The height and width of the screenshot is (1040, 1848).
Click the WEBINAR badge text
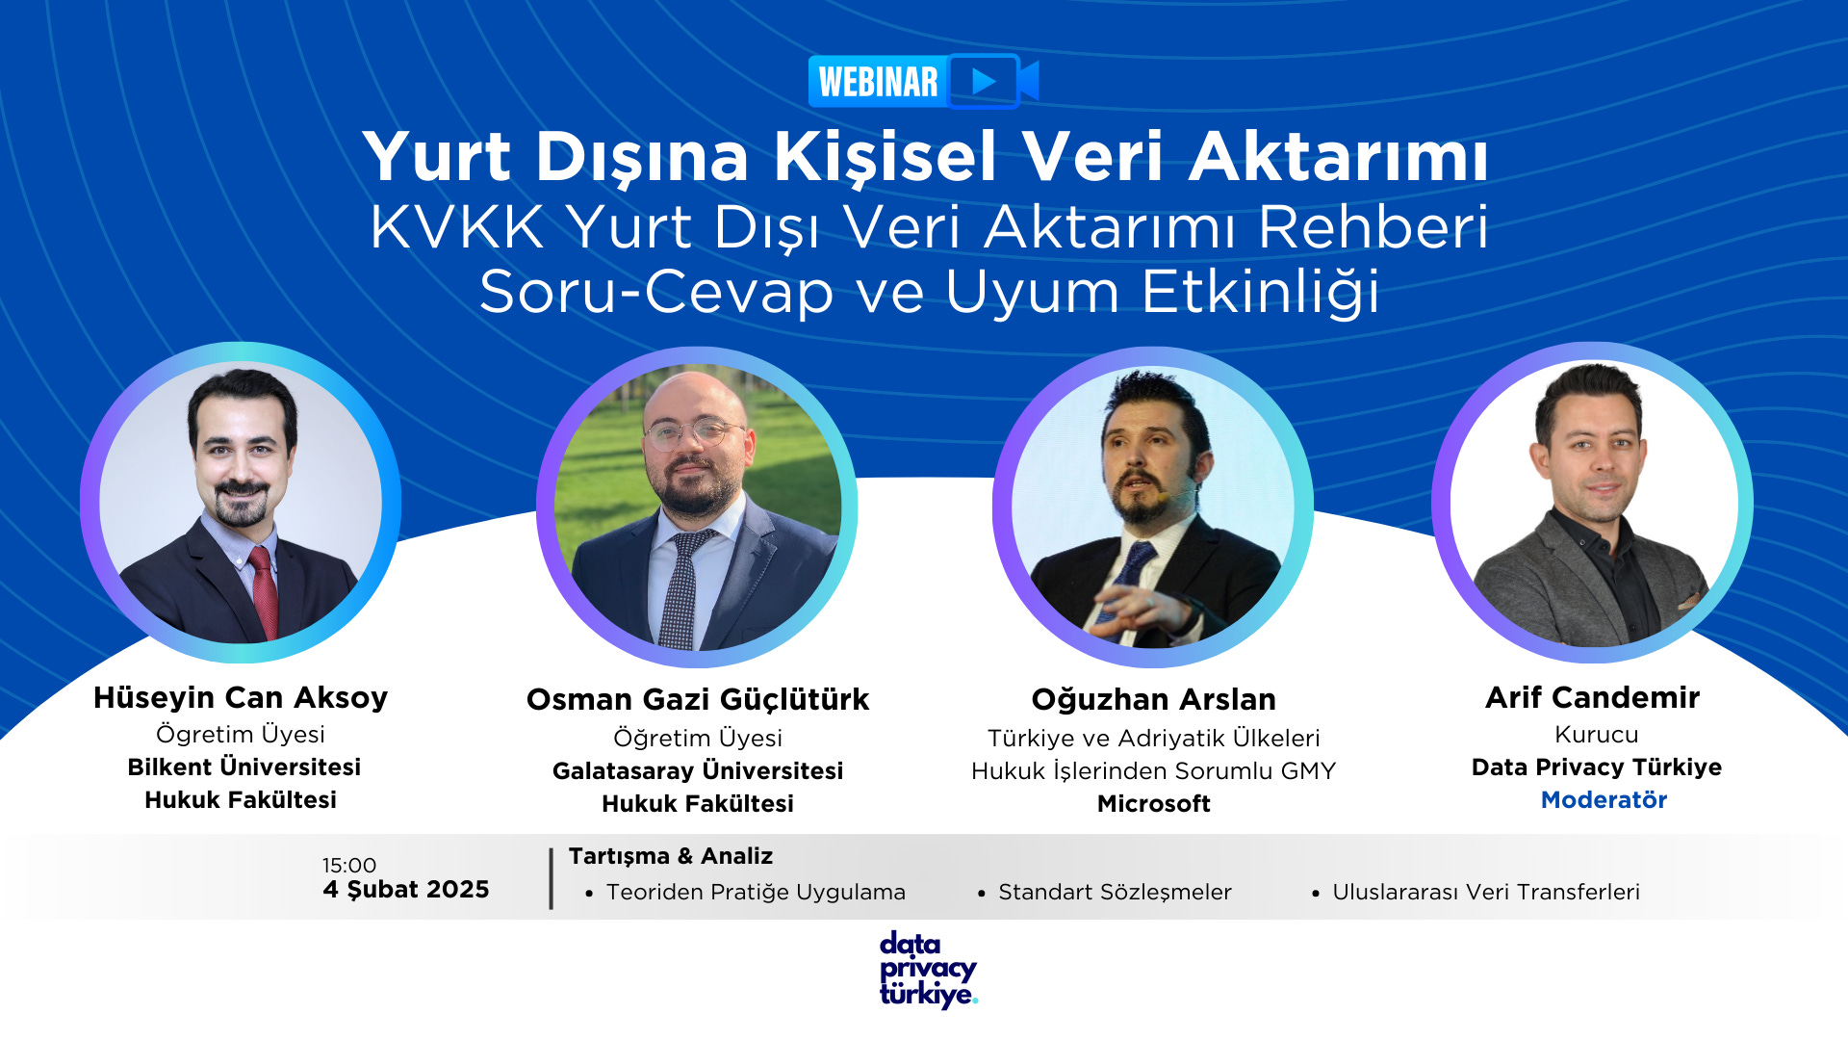[x=878, y=82]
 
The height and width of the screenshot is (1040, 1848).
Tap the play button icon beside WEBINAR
[x=983, y=81]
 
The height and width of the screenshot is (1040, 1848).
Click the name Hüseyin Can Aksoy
[x=241, y=697]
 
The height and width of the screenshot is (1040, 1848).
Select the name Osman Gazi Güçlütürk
[x=698, y=699]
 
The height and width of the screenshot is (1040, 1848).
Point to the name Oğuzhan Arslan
[x=1153, y=699]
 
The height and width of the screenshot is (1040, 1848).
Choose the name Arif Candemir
[x=1592, y=697]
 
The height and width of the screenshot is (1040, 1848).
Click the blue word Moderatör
[x=1604, y=800]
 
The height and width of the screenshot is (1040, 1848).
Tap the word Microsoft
[x=1153, y=804]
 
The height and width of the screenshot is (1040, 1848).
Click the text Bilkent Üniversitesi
[x=244, y=767]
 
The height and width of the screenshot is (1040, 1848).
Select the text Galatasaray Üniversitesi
[x=698, y=771]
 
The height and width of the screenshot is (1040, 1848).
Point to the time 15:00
[x=349, y=866]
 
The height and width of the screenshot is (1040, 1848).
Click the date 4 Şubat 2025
[x=406, y=890]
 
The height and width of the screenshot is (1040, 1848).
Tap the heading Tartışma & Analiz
[x=671, y=856]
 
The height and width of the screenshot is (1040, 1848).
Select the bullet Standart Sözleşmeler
[x=1115, y=893]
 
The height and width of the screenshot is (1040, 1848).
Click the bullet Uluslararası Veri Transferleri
[x=1486, y=893]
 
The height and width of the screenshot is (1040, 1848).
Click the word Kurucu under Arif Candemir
[x=1596, y=735]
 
